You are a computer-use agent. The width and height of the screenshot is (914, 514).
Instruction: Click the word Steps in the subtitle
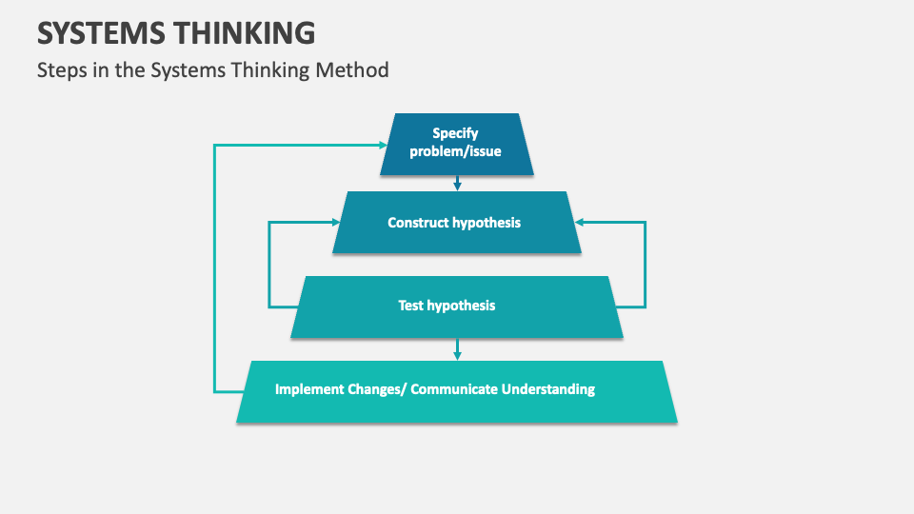pos(61,69)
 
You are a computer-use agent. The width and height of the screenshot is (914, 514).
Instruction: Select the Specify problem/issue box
pos(457,144)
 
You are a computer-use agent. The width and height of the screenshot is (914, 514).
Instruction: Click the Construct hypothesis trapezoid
pos(457,223)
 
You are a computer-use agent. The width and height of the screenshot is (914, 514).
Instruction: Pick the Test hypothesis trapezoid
pos(457,306)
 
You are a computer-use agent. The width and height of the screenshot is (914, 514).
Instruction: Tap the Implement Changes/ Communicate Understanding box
pos(457,390)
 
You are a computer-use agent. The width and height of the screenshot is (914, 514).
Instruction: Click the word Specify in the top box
pos(455,133)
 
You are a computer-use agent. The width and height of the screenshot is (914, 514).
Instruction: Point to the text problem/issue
pos(455,151)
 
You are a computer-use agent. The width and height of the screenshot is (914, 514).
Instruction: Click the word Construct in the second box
pos(419,223)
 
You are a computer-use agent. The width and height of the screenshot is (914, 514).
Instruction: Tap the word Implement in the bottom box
pos(309,388)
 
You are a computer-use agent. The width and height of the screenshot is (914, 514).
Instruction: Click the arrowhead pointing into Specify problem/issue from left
pos(383,145)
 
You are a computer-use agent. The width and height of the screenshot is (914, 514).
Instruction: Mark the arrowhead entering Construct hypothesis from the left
pos(335,223)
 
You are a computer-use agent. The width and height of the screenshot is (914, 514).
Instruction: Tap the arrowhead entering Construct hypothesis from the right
pos(579,223)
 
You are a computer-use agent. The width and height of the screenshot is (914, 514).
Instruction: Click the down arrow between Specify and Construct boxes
pos(457,184)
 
